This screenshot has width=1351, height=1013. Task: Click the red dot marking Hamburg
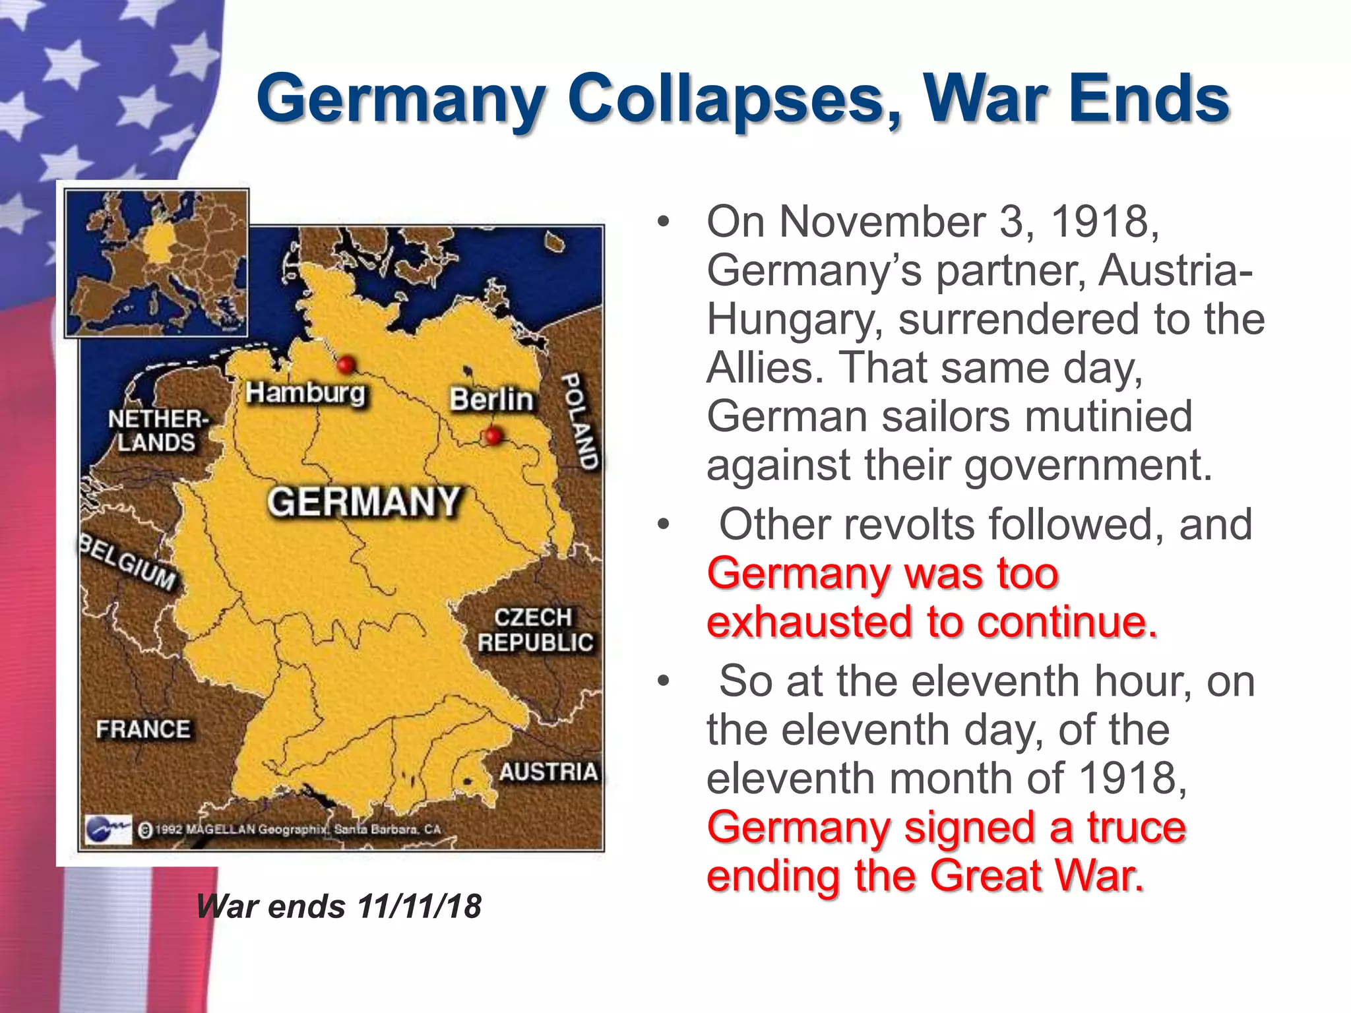coord(346,364)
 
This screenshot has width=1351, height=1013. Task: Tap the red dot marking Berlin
coord(492,435)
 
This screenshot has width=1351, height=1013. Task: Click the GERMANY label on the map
coord(363,502)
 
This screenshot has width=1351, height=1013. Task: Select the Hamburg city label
coord(305,393)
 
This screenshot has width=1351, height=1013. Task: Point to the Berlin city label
coord(491,400)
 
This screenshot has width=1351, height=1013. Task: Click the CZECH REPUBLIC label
coord(534,630)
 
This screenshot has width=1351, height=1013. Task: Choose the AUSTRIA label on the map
coord(548,772)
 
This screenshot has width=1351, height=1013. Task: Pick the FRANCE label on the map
coord(143,729)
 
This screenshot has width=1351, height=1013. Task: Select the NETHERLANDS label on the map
coord(158,431)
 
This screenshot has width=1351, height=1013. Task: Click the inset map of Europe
coord(156,263)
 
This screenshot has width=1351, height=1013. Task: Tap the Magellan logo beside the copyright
coord(108,828)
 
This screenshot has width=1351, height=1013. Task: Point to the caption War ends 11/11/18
coord(339,906)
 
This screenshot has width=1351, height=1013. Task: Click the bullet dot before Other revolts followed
coord(663,526)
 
